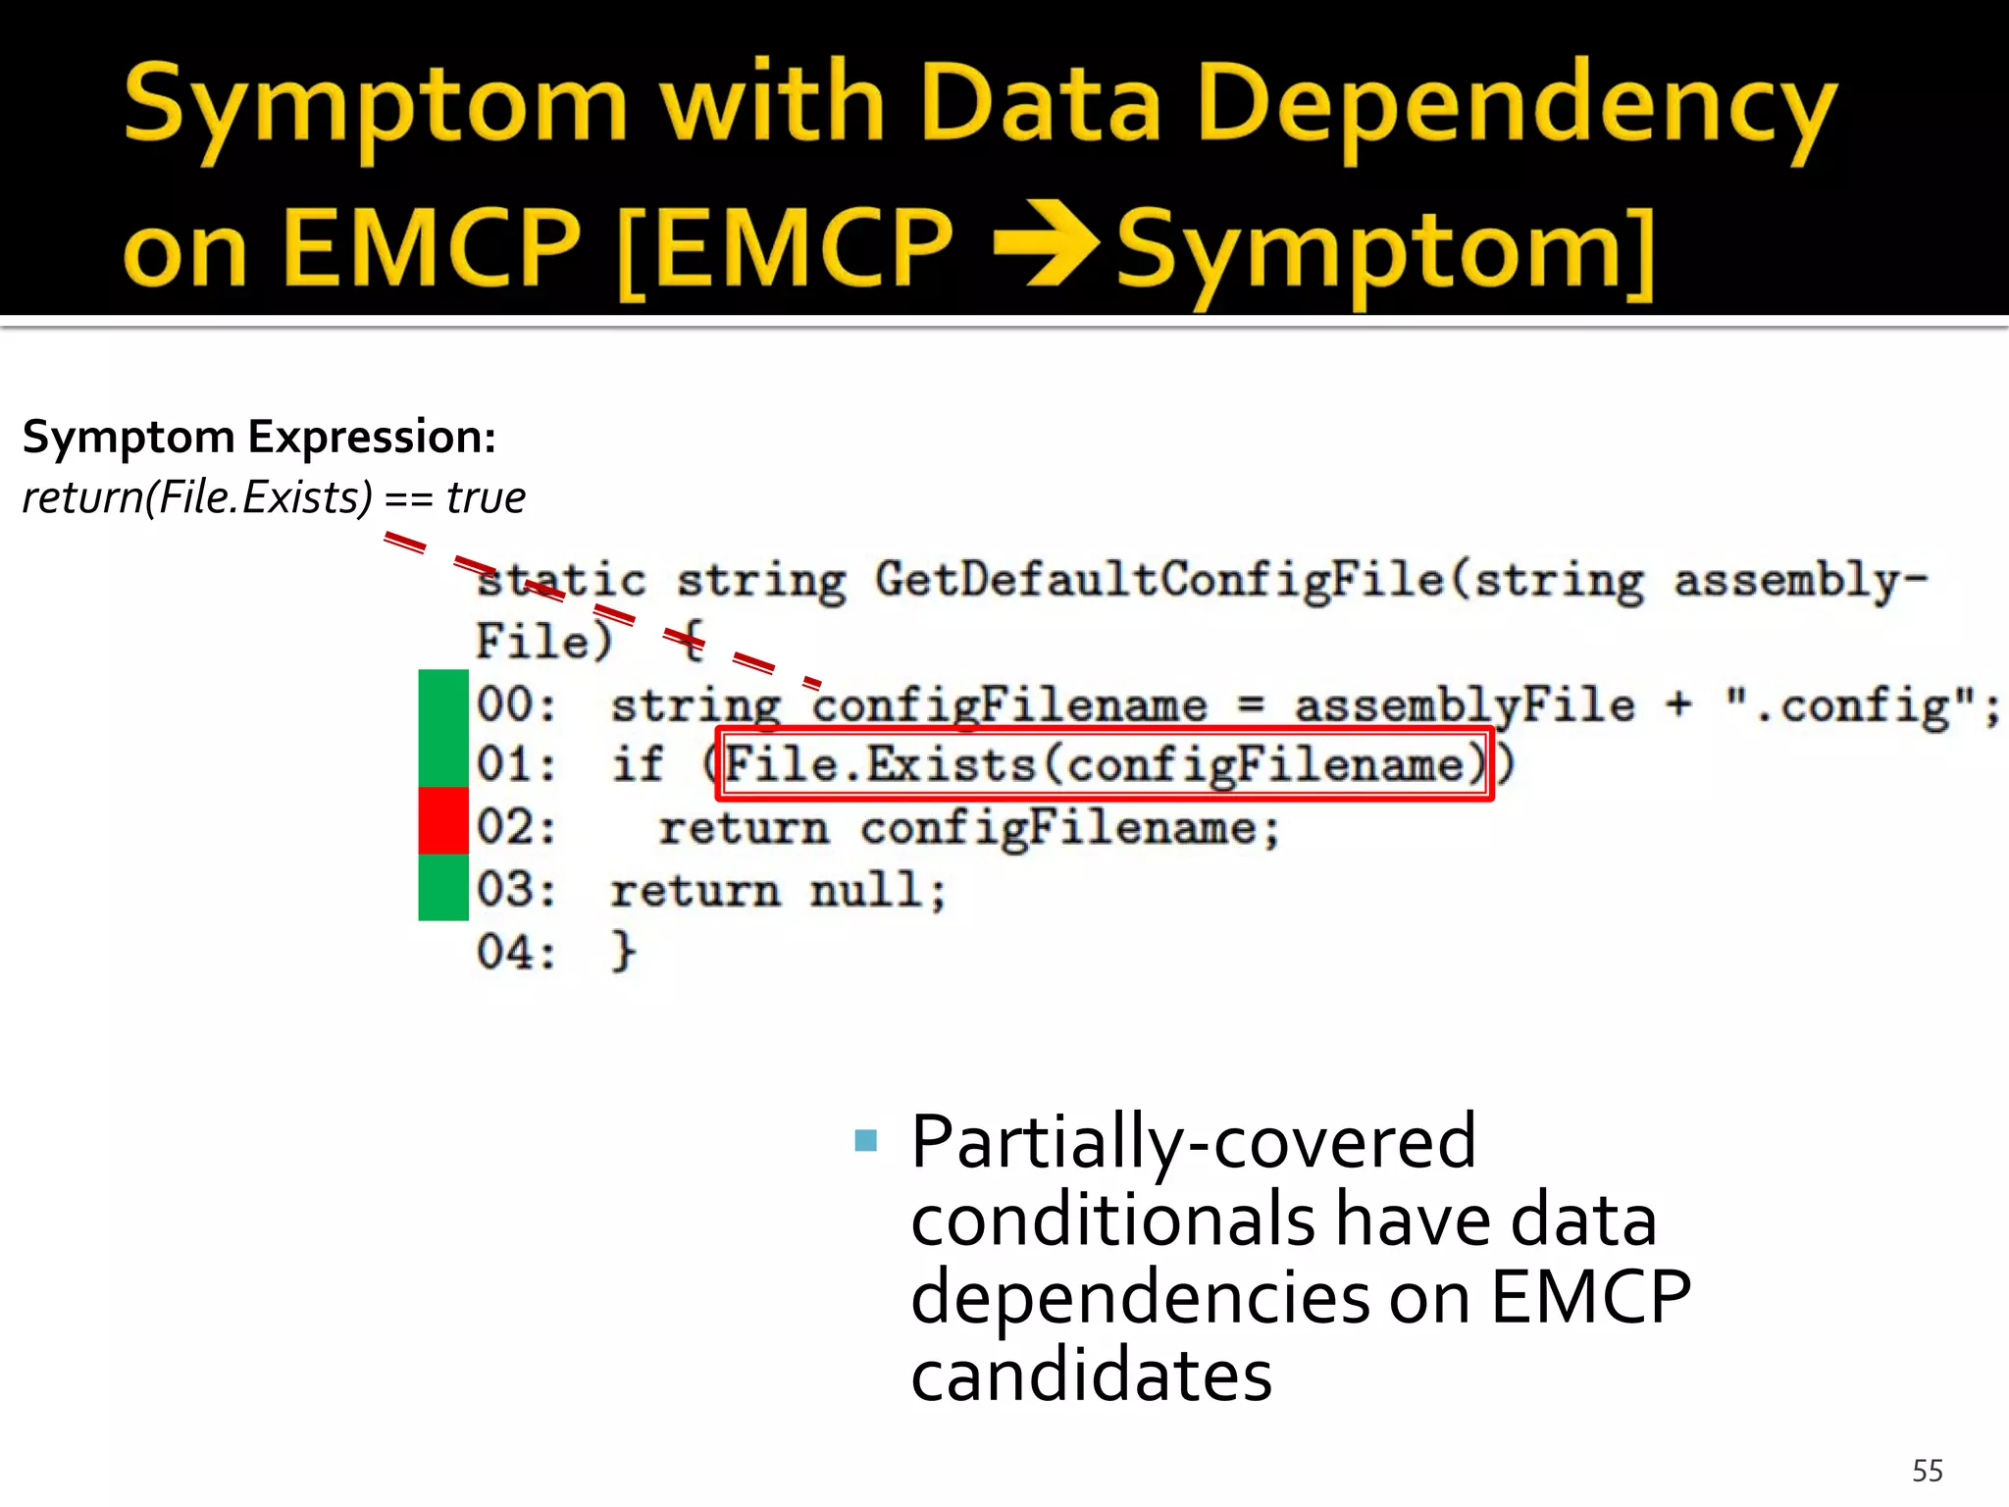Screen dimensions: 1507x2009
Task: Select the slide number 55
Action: tap(1927, 1471)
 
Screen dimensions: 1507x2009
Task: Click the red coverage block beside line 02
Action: tap(443, 820)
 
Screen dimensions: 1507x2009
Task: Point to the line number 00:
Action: tap(516, 705)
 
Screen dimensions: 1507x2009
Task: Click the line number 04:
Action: tap(516, 953)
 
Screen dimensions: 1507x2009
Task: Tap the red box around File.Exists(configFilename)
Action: tap(1105, 764)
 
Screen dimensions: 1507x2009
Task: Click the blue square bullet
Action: tap(865, 1140)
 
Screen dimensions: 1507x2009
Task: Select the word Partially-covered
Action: tap(1193, 1142)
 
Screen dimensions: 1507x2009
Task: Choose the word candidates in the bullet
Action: tap(1091, 1376)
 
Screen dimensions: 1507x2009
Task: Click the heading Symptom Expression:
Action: tap(259, 437)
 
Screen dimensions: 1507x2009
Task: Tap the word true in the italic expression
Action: tap(486, 497)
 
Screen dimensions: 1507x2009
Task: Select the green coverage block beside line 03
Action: tap(443, 887)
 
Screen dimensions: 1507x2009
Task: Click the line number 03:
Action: tap(516, 891)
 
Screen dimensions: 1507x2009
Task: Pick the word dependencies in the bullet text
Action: tap(1140, 1298)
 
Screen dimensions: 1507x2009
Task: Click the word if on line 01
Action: tap(638, 764)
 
